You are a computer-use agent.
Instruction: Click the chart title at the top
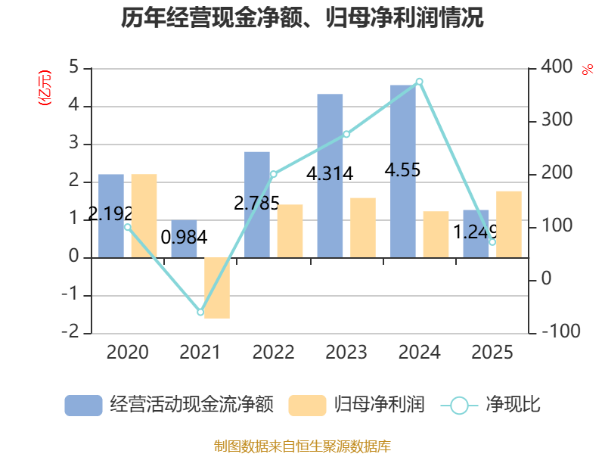[302, 17]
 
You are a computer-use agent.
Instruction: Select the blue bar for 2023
[330, 176]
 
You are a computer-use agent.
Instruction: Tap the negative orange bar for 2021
[217, 288]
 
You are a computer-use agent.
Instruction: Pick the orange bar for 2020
[144, 216]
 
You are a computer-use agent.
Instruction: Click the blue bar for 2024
[402, 171]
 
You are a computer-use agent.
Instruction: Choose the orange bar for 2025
[509, 224]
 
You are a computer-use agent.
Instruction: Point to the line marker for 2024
[420, 81]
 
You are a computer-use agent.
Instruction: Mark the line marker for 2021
[200, 312]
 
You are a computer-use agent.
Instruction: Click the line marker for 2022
[273, 174]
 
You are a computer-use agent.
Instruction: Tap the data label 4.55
[402, 170]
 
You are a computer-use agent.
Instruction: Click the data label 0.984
[184, 238]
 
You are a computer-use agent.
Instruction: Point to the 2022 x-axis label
[273, 352]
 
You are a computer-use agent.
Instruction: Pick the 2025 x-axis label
[492, 352]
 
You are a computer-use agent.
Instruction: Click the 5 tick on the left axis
[74, 68]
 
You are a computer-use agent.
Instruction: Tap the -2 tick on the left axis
[71, 332]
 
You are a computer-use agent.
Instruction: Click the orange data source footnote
[302, 446]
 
